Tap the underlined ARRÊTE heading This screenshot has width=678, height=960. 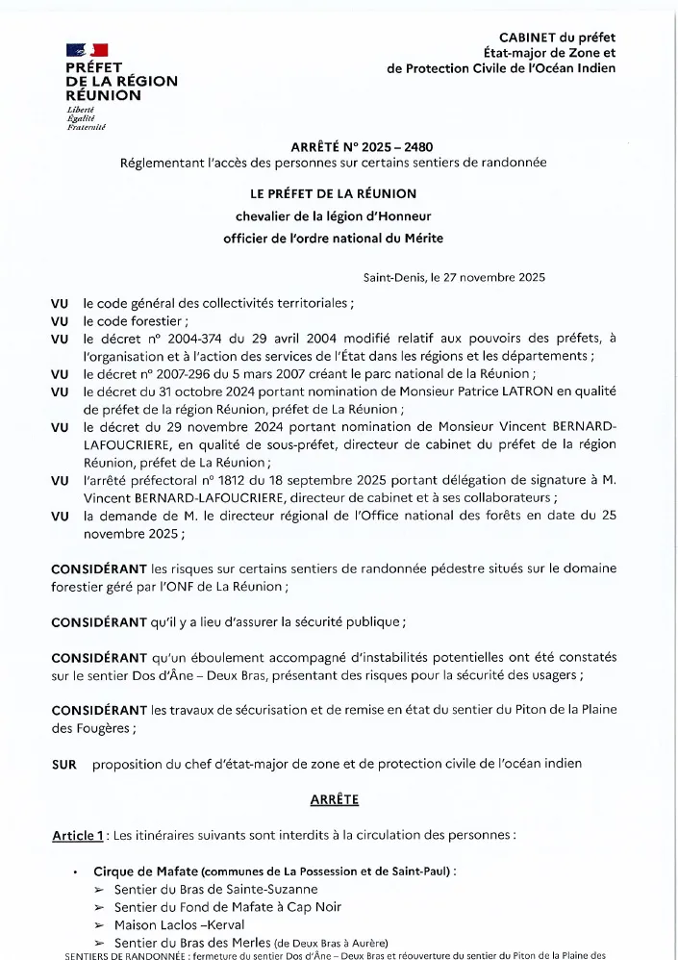[x=334, y=799]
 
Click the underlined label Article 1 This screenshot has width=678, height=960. [x=78, y=835]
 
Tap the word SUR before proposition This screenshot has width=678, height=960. [x=63, y=764]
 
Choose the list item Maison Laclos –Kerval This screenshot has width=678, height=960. [x=180, y=924]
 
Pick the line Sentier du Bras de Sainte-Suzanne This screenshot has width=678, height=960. [x=215, y=890]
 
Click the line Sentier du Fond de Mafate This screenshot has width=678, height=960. [x=228, y=907]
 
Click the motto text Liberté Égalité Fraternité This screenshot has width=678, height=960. [x=85, y=118]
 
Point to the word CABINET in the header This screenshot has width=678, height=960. [x=531, y=37]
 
